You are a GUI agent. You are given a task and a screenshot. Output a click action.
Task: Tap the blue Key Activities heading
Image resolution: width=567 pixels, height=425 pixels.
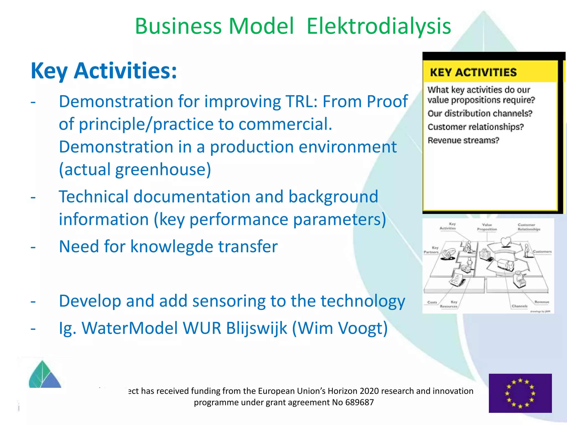104,71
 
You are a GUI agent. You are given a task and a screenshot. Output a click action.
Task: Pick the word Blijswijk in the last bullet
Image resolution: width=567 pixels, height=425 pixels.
256,328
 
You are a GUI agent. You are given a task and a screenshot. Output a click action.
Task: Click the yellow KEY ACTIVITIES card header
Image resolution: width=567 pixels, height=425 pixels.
473,72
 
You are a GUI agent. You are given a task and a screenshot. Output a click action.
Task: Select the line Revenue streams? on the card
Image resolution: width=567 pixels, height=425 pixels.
463,140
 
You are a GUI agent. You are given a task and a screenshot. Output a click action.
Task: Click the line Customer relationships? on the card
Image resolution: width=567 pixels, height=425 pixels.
476,127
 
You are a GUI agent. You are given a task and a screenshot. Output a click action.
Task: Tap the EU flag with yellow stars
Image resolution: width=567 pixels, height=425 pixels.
520,393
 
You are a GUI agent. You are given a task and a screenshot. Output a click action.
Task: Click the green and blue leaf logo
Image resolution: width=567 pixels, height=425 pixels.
44,375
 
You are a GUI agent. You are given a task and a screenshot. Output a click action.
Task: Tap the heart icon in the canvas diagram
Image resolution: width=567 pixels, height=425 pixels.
506,242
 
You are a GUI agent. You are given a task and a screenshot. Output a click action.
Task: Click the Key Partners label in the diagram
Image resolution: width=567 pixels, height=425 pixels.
431,250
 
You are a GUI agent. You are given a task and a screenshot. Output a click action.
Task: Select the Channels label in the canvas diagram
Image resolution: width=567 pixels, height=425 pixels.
519,306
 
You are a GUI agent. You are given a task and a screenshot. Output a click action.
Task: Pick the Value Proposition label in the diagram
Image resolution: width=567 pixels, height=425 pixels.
487,227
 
